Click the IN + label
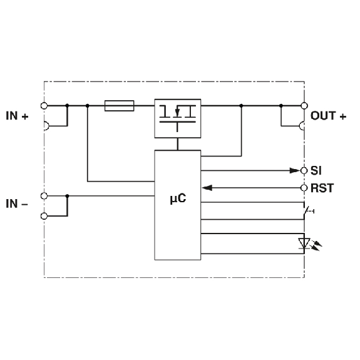(x=17, y=116)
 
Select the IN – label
(x=17, y=204)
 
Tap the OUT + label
(x=328, y=116)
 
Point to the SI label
(x=316, y=170)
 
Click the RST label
(x=322, y=188)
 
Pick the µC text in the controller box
(x=178, y=198)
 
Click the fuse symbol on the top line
(x=119, y=106)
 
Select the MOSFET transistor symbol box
(x=177, y=118)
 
